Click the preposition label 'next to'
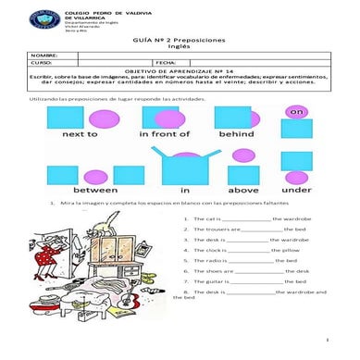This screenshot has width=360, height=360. [x=80, y=134]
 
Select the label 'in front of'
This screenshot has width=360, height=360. [x=163, y=134]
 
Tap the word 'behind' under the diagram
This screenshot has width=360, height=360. [x=237, y=134]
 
